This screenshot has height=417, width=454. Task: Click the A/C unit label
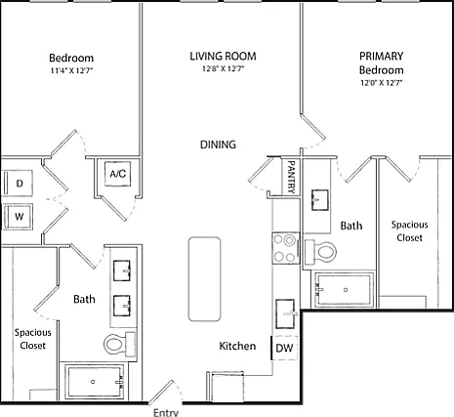click(x=117, y=174)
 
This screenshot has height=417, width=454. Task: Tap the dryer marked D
click(x=18, y=183)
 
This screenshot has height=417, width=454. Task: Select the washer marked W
click(x=18, y=217)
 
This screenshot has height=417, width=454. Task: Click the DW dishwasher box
click(x=284, y=348)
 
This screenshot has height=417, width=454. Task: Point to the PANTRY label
click(x=291, y=177)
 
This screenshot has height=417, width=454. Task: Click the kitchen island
click(x=204, y=279)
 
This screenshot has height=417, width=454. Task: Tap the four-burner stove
click(x=286, y=248)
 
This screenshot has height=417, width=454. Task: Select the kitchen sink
click(x=285, y=313)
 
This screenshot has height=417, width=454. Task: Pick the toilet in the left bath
click(x=120, y=344)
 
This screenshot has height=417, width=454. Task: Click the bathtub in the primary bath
click(x=345, y=290)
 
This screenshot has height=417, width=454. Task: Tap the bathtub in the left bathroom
click(x=95, y=382)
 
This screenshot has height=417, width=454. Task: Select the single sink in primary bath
click(x=319, y=200)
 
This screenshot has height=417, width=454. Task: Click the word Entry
click(x=166, y=413)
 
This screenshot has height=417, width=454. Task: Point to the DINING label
click(x=218, y=145)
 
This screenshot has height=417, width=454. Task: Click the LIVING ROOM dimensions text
click(x=224, y=68)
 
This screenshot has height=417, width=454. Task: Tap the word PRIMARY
click(x=382, y=56)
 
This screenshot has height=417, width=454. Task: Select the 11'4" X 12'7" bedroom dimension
click(x=72, y=70)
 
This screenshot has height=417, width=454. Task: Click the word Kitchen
click(x=237, y=346)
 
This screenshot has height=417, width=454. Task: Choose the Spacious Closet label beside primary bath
click(x=409, y=231)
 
